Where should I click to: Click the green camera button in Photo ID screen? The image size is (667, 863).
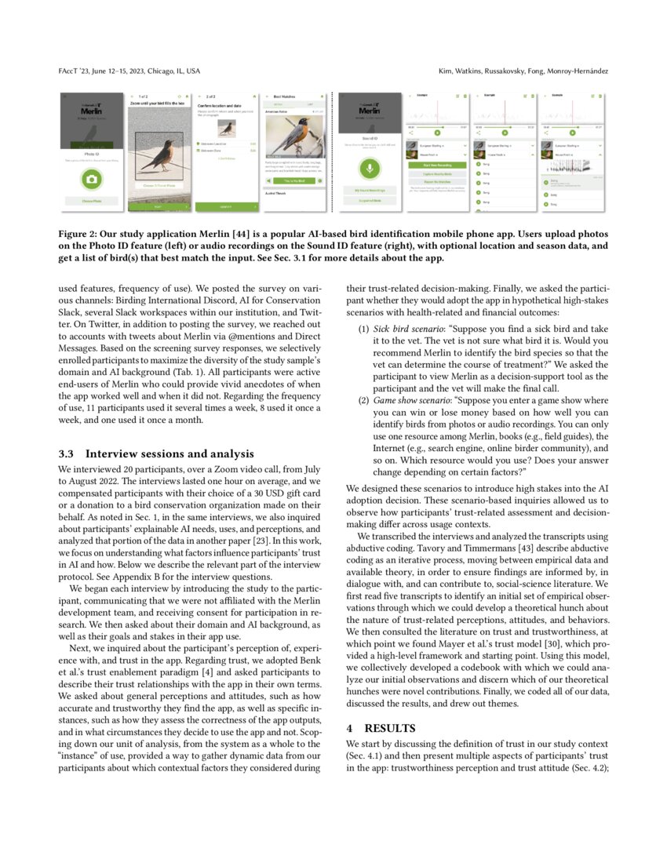pos(92,180)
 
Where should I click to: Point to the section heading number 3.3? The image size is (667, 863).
pos(67,453)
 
